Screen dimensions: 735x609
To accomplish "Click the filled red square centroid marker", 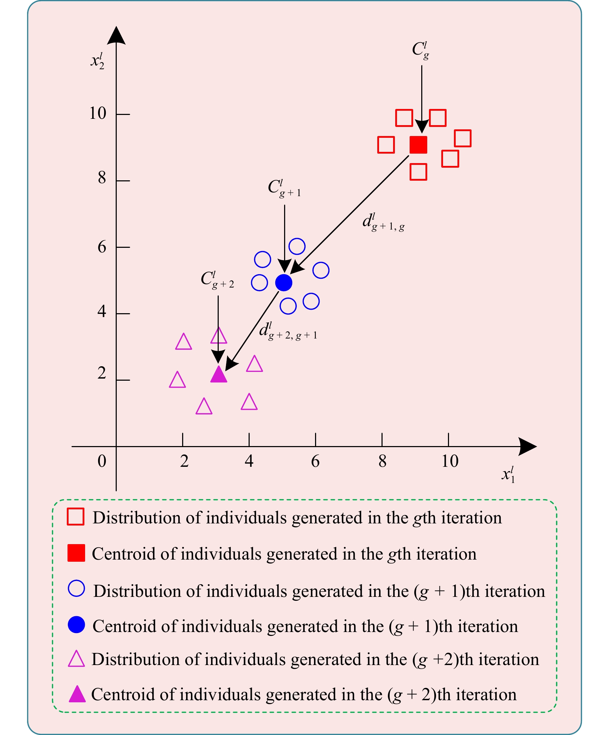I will click(x=418, y=145).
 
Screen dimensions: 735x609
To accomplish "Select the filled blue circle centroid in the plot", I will click(x=284, y=282).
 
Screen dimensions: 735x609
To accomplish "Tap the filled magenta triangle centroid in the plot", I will click(x=218, y=375).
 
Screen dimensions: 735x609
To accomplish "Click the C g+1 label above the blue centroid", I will click(x=284, y=189).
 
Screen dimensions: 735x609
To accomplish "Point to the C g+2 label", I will click(x=217, y=280).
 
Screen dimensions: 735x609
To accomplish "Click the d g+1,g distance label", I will click(x=383, y=223).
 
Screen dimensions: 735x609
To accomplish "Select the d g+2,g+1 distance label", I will click(x=288, y=331).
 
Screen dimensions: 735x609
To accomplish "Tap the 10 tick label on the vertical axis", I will click(x=97, y=114).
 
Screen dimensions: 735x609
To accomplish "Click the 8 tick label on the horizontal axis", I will click(x=382, y=461).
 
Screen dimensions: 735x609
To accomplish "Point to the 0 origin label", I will click(x=102, y=461).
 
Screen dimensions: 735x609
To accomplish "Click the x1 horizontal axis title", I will click(x=508, y=475).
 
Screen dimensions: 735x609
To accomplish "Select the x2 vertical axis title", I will click(x=97, y=61).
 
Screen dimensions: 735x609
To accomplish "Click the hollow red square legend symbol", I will click(x=76, y=517).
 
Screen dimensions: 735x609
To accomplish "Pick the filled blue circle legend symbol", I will click(x=76, y=625).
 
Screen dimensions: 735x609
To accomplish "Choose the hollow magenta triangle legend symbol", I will click(x=76, y=659).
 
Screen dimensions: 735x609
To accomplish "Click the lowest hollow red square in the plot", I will click(x=418, y=172).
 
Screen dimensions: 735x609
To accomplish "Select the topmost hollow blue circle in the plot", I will click(x=297, y=246).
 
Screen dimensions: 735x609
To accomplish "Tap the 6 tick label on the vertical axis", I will click(x=102, y=247).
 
